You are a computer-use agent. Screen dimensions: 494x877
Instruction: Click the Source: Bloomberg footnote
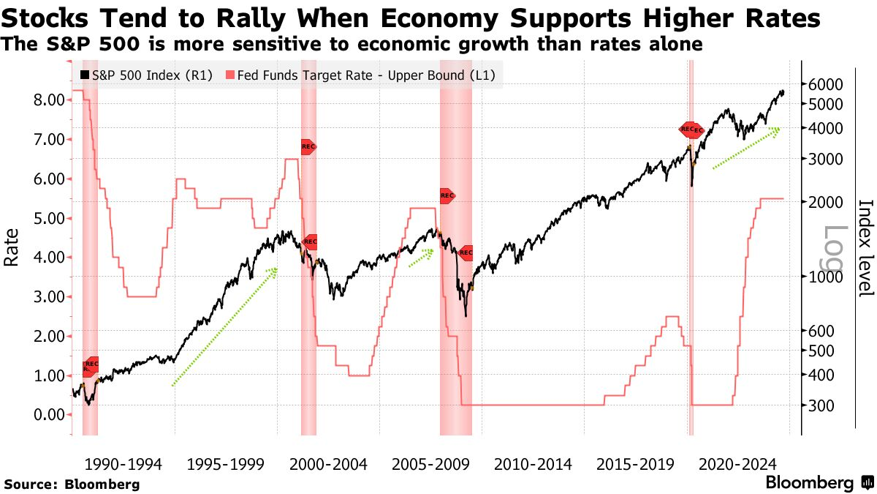(71, 484)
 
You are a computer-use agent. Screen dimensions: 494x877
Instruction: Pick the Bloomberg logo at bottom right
(819, 483)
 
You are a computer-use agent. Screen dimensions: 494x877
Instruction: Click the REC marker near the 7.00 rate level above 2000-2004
(308, 146)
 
